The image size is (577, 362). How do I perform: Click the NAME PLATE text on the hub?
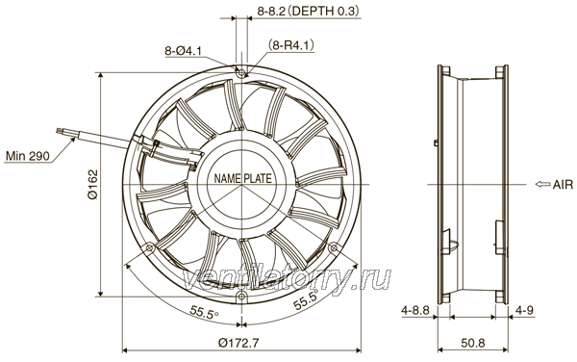coord(243,179)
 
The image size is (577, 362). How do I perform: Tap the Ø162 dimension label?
coord(93,184)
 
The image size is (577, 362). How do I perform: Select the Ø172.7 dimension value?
coord(238,343)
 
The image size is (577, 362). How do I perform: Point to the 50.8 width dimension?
coord(473,343)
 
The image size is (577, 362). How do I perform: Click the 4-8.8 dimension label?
coord(415,311)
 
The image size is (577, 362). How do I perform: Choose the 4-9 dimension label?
coord(524,311)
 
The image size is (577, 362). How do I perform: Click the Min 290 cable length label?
coord(27,156)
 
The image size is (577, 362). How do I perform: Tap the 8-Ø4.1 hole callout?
coord(183,51)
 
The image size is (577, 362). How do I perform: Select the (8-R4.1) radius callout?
coord(291,45)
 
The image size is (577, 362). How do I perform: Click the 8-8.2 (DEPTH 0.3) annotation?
coord(308,12)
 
